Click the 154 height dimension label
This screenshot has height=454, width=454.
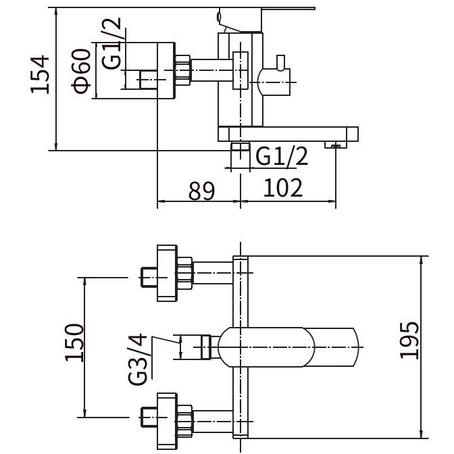tap(40, 74)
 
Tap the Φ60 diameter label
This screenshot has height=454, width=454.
tap(81, 71)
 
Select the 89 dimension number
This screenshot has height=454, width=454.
tap(202, 191)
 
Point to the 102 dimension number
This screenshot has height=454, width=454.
tap(283, 188)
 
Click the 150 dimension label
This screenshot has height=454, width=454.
tap(74, 343)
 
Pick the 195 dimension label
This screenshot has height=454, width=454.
tap(409, 340)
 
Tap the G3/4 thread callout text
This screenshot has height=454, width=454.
tap(137, 359)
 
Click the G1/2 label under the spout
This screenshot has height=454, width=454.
tap(282, 156)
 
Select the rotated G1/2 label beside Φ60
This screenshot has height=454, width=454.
tap(111, 43)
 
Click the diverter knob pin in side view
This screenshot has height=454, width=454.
tap(280, 63)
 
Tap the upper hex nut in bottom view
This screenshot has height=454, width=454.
tap(184, 273)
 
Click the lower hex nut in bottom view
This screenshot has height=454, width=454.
tap(184, 421)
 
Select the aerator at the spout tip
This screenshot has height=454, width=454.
tap(336, 145)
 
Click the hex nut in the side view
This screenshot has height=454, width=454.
tap(182, 70)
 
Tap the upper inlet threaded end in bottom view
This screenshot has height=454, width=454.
tap(149, 278)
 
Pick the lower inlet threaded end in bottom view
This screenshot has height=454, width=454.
tap(149, 417)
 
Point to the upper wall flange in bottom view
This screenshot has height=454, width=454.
tap(167, 274)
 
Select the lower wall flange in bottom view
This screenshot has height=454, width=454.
tap(167, 422)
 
